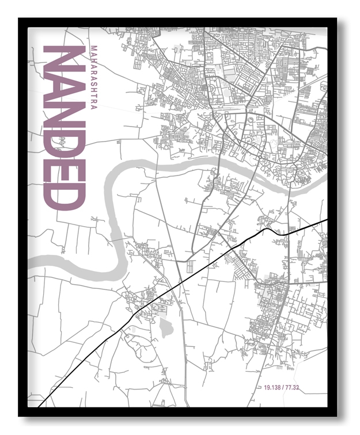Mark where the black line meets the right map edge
[326, 220]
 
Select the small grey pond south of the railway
[166, 329]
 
